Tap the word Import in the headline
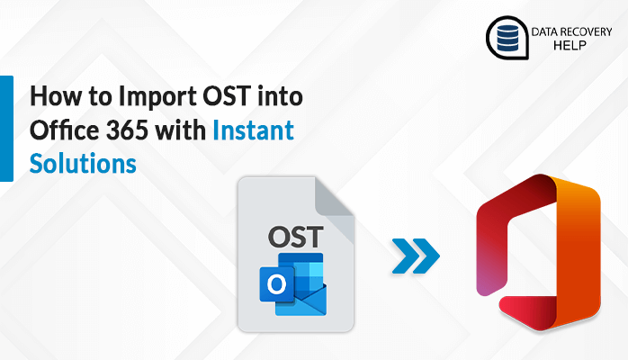[147, 97]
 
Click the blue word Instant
[253, 131]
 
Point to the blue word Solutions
[83, 164]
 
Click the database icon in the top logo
[505, 37]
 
